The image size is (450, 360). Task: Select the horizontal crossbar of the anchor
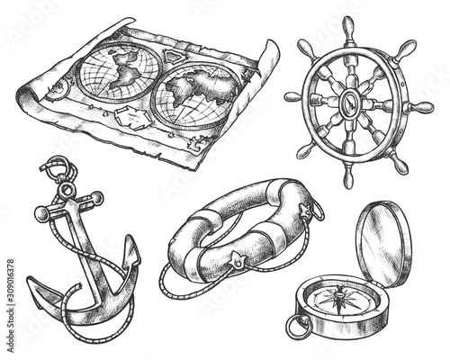pos(67,206)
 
